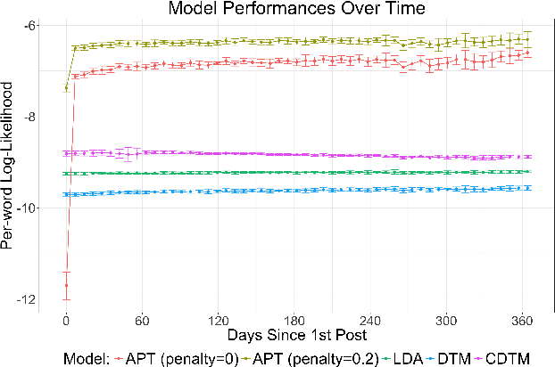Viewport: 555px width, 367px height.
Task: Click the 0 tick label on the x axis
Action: point(66,321)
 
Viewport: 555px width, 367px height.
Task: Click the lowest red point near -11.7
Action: point(66,285)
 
